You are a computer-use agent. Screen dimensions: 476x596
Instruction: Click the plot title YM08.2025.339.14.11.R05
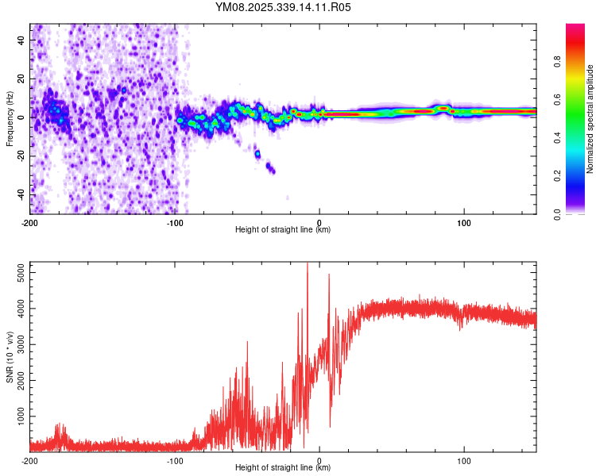tap(284, 7)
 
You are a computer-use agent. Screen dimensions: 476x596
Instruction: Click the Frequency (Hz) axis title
tap(10, 119)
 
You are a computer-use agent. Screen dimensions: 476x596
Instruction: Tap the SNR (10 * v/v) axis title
tap(10, 357)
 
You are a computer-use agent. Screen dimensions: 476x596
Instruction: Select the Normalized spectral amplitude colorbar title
tap(590, 119)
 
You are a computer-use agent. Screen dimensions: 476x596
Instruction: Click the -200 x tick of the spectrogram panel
tap(30, 222)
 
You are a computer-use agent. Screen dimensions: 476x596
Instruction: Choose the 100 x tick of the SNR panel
tap(464, 460)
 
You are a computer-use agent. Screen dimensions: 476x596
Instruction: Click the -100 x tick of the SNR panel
tap(175, 460)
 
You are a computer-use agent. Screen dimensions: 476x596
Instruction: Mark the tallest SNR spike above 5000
tap(308, 265)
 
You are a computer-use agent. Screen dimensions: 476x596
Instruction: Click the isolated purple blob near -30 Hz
tap(270, 167)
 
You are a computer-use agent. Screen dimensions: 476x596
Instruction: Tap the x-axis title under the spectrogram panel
tap(283, 230)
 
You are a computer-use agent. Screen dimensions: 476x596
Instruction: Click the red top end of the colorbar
tap(575, 28)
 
